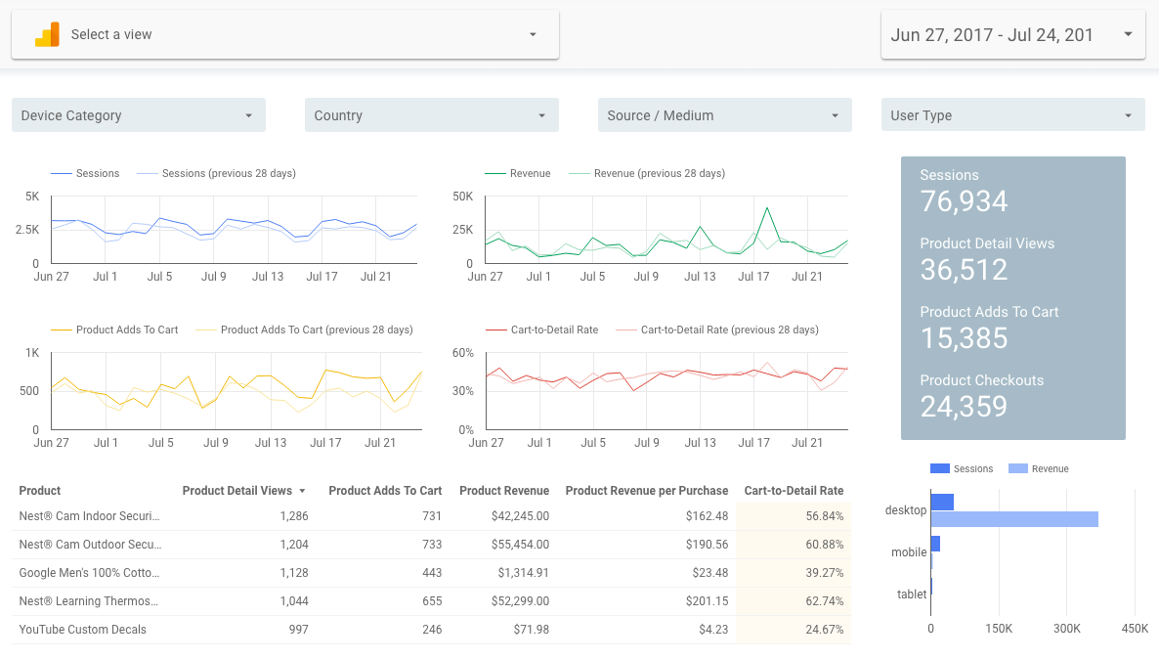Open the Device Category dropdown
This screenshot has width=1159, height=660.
point(138,115)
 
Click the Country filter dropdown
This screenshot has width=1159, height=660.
point(432,115)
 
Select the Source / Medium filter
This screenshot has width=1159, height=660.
point(724,115)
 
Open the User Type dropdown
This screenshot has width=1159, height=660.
point(1012,115)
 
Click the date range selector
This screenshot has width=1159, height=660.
point(1012,35)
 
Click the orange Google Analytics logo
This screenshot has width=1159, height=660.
point(47,35)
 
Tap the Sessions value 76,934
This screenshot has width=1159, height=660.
point(964,201)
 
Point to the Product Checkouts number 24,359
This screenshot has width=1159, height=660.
point(964,406)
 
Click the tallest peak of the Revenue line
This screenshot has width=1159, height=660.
point(768,208)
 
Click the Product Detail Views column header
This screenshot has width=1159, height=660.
point(237,491)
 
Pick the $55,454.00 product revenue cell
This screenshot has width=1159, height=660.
point(520,545)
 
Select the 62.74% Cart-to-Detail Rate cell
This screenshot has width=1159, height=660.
point(824,600)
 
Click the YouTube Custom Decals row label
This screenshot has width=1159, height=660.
point(83,630)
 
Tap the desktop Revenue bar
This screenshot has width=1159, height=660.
point(1015,518)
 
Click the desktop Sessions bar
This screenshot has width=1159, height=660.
point(942,503)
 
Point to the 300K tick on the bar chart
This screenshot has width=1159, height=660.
point(1066,628)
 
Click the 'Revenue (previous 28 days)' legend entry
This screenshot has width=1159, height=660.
point(647,173)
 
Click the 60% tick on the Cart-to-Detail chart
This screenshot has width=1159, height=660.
point(462,353)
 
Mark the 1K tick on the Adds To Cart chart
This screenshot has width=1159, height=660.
point(32,353)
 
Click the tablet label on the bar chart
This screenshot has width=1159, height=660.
point(912,594)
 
